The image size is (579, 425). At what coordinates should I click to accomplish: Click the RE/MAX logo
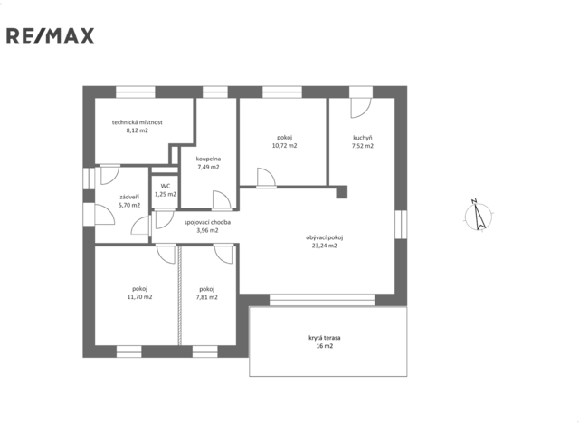(51, 36)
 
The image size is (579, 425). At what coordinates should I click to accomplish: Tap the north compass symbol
(479, 216)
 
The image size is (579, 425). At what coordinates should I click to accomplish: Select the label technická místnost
(138, 122)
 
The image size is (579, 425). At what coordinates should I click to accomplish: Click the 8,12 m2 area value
(138, 130)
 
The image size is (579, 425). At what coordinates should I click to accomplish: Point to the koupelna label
(208, 159)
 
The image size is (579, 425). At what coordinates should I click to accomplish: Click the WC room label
(166, 186)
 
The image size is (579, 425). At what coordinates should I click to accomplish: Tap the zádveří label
(129, 198)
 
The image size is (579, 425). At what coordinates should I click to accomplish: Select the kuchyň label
(363, 138)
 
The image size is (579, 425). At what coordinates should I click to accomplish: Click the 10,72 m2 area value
(284, 146)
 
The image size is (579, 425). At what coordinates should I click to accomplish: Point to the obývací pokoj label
(324, 237)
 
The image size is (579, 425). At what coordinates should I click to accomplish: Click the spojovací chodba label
(207, 222)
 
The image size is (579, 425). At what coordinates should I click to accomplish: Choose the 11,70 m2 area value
(139, 297)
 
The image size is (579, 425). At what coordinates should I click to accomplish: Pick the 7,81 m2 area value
(207, 297)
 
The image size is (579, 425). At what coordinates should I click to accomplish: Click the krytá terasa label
(324, 338)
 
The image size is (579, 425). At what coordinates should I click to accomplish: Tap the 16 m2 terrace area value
(324, 346)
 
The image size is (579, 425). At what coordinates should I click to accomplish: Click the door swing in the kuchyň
(360, 108)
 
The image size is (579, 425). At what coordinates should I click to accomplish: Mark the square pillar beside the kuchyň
(342, 192)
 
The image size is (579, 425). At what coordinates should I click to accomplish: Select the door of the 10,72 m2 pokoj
(266, 178)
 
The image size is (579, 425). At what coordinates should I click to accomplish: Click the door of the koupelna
(222, 200)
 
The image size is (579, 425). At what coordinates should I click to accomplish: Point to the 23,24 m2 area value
(324, 246)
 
